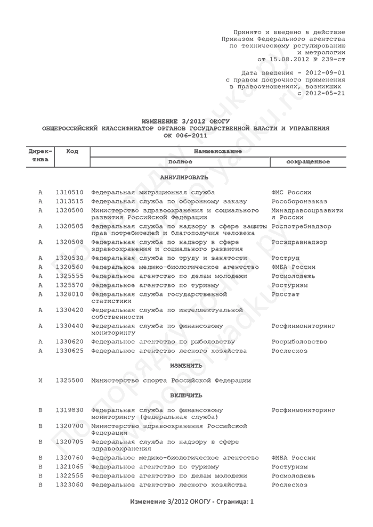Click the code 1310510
point(69,192)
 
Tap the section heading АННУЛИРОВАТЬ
point(184,177)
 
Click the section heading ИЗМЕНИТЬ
point(186,366)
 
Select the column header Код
point(72,152)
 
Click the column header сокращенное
point(307,161)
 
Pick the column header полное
point(180,161)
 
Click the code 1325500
point(69,381)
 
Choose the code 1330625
point(69,351)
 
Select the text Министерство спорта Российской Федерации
point(171,381)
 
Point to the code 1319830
point(69,410)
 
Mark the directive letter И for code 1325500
point(40,381)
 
